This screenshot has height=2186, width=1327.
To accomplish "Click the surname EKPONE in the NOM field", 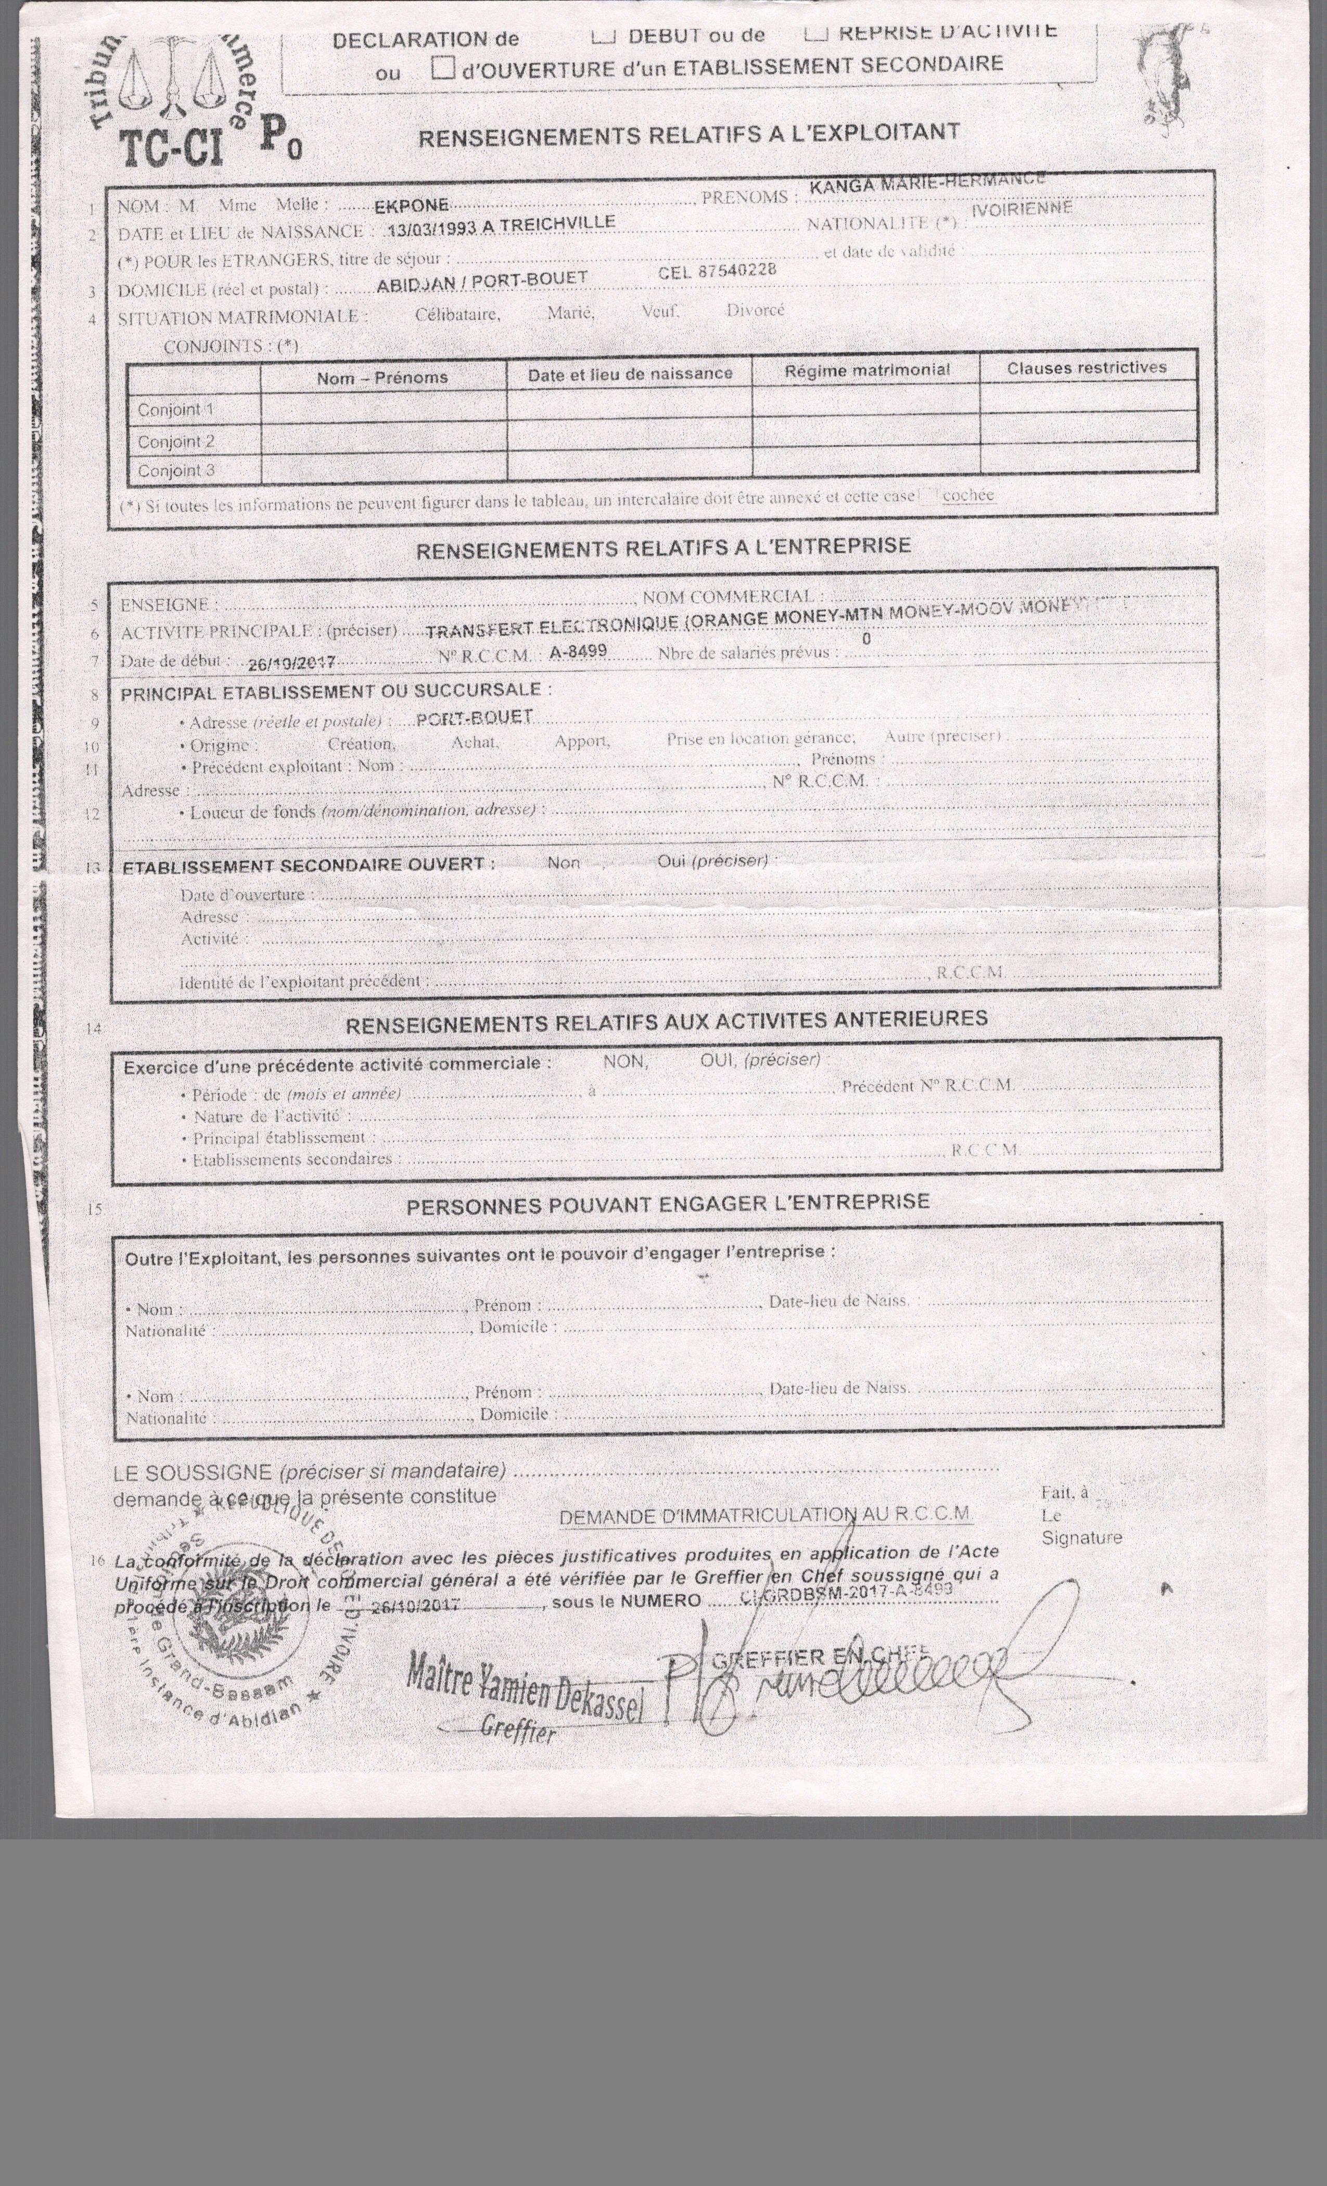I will [411, 206].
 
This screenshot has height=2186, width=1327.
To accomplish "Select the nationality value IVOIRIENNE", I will [1022, 209].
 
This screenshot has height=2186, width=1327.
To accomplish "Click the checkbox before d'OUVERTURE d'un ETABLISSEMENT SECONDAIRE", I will [443, 68].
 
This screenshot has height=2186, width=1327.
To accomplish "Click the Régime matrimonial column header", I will [866, 370].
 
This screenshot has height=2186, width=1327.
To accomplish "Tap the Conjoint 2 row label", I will [176, 441].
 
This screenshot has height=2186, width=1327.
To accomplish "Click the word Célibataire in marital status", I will [457, 314].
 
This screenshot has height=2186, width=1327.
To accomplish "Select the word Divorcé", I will [755, 310].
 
